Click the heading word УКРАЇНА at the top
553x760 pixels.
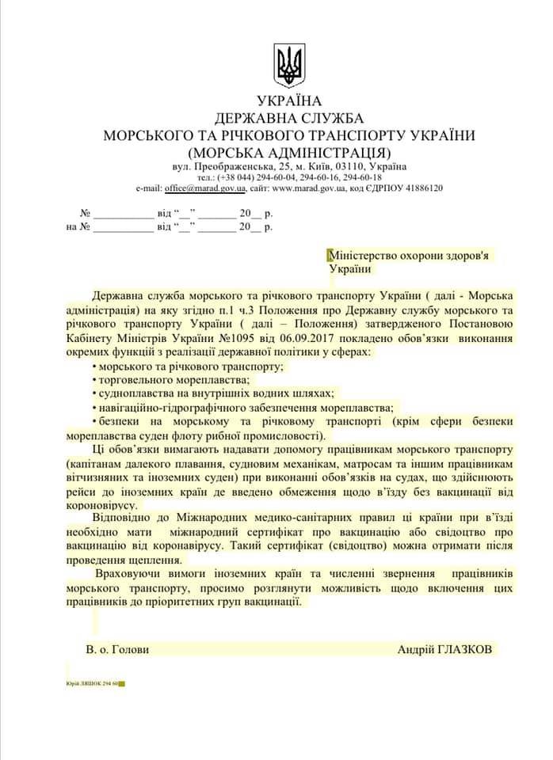[x=289, y=101]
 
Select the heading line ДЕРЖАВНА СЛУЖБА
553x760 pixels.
[x=289, y=118]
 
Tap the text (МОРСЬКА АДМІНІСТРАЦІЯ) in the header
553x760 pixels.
[x=289, y=151]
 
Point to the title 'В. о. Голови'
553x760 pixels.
[x=117, y=649]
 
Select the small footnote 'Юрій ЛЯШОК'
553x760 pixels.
[x=83, y=682]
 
